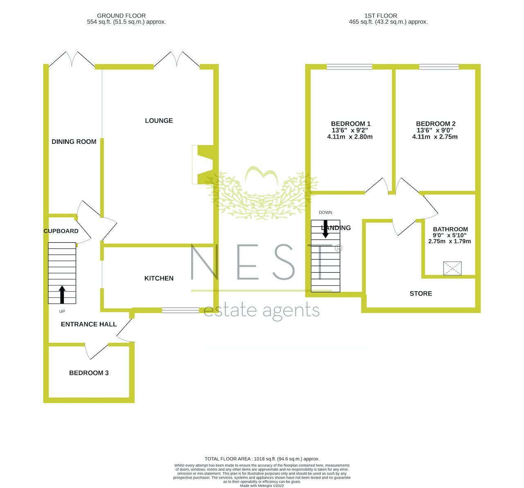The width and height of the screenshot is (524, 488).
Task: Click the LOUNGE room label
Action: tap(159, 121)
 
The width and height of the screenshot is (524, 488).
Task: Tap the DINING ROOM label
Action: tap(74, 142)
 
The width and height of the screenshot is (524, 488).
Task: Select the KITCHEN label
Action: tap(159, 278)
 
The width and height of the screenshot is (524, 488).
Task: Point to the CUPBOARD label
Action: tap(61, 231)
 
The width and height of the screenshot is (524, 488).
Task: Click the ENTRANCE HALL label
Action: tap(89, 325)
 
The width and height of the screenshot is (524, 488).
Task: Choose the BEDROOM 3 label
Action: tap(89, 373)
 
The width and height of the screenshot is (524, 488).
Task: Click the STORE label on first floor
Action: tap(421, 293)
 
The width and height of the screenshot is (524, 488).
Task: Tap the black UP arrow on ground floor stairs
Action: tap(62, 294)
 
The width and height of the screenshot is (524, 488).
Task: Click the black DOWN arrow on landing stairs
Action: tap(325, 229)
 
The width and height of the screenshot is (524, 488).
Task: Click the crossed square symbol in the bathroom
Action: tap(452, 269)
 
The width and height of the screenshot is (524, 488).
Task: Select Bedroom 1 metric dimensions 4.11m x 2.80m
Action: tap(350, 137)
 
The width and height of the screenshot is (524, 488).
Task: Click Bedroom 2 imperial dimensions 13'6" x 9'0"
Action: tap(435, 130)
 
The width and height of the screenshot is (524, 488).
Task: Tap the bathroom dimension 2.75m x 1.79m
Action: tap(449, 242)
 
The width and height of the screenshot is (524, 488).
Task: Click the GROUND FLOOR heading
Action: tap(121, 16)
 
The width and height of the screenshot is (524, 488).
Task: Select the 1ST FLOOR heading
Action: tap(381, 16)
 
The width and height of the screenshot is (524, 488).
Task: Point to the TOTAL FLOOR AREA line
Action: tap(262, 459)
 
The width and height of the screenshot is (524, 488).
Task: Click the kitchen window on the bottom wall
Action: tap(181, 310)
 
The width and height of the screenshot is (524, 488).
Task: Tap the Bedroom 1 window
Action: tap(349, 67)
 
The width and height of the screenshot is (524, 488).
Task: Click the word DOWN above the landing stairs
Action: tap(325, 213)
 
